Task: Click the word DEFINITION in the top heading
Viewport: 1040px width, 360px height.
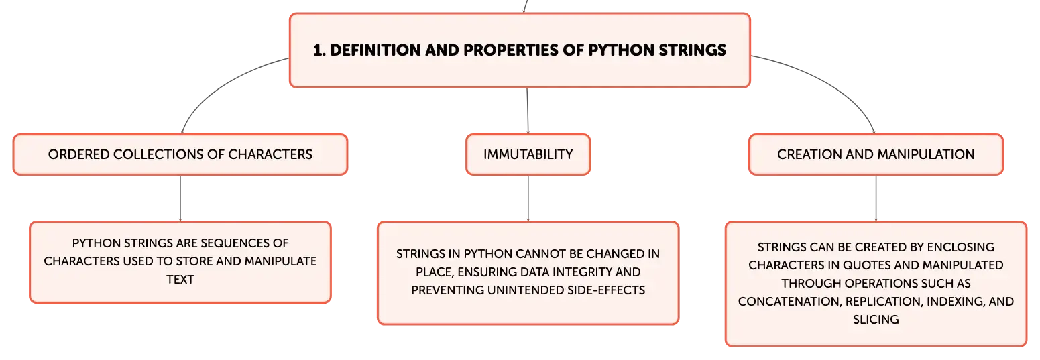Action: click(375, 50)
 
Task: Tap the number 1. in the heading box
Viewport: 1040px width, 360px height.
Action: click(319, 50)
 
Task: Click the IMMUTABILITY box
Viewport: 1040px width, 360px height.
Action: click(528, 154)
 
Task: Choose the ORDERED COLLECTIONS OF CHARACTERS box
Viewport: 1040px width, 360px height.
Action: click(180, 154)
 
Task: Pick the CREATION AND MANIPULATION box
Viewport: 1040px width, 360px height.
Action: click(876, 154)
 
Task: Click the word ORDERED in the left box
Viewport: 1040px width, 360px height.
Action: click(78, 154)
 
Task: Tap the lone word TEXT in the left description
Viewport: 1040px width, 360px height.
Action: click(180, 280)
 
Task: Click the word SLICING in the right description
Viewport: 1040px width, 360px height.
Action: click(876, 320)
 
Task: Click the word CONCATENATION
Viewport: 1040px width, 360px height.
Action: click(789, 302)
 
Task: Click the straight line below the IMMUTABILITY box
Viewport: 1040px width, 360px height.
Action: click(528, 198)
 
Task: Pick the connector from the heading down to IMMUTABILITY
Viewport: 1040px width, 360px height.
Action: click(528, 111)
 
